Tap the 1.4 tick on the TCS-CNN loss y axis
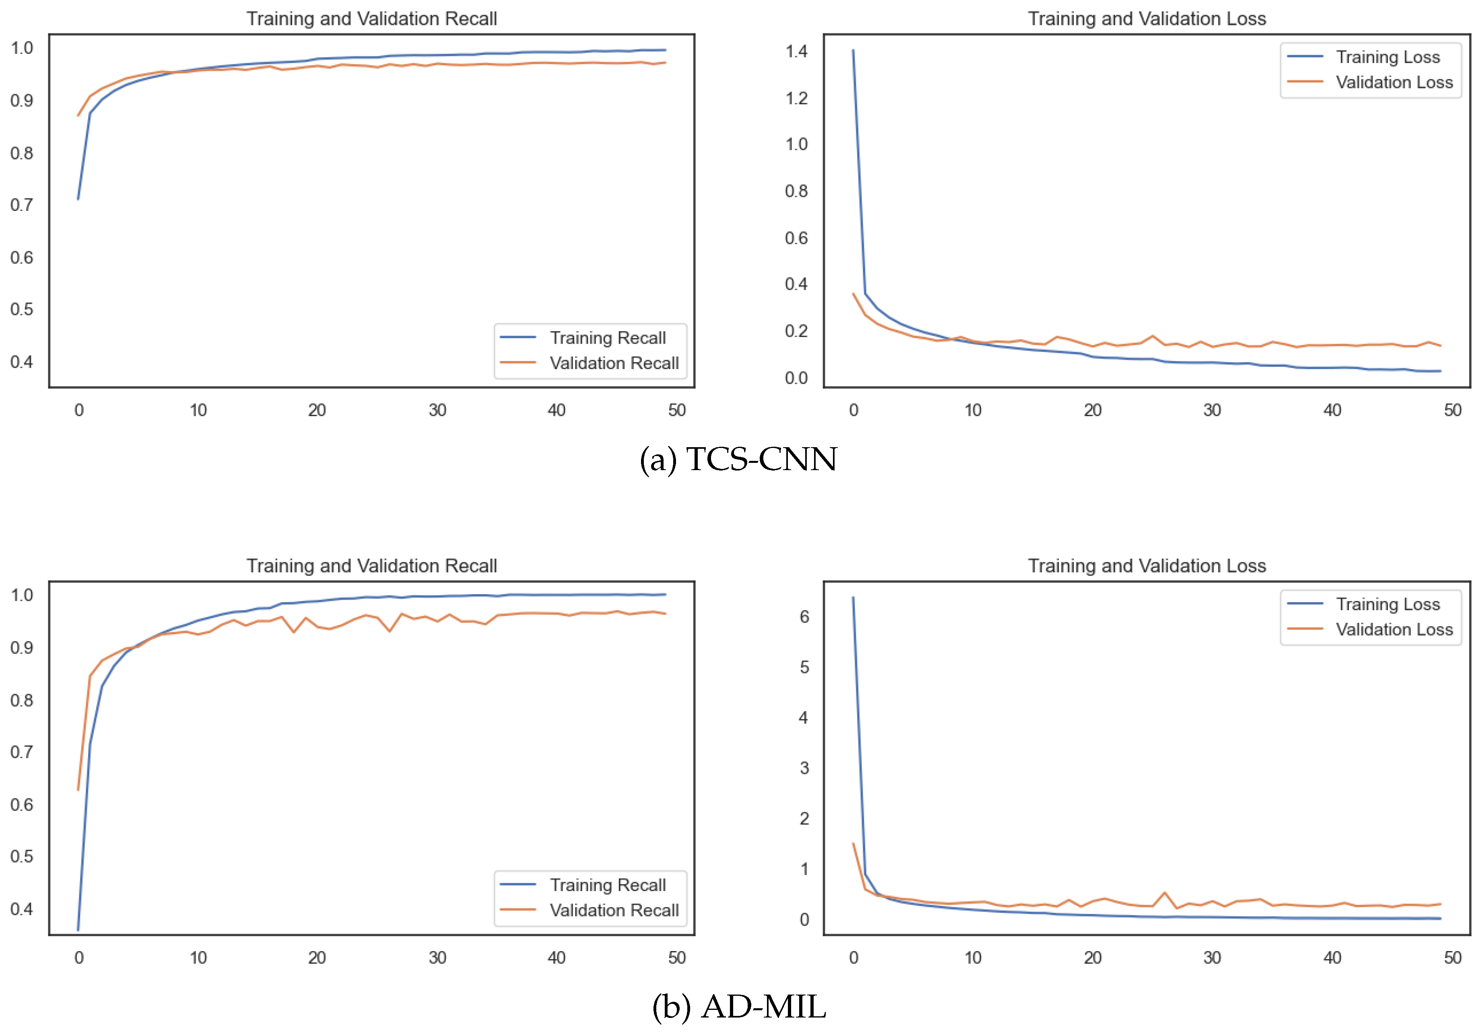(x=796, y=52)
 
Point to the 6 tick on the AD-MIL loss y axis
(x=804, y=617)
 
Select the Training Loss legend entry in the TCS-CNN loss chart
(x=1387, y=57)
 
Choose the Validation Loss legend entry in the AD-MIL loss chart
(x=1393, y=630)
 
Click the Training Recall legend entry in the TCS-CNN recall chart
(x=607, y=338)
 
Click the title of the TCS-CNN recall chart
(x=371, y=19)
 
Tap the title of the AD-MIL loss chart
(x=1146, y=566)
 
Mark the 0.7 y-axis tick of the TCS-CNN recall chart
(x=22, y=205)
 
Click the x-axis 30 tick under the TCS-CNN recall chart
(x=437, y=410)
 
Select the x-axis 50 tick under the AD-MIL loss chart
(x=1452, y=957)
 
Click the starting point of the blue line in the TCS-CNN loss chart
(x=853, y=50)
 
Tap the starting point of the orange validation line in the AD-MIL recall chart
(x=78, y=789)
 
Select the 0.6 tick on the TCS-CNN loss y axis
(x=796, y=238)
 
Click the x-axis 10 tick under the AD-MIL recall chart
(x=198, y=957)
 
